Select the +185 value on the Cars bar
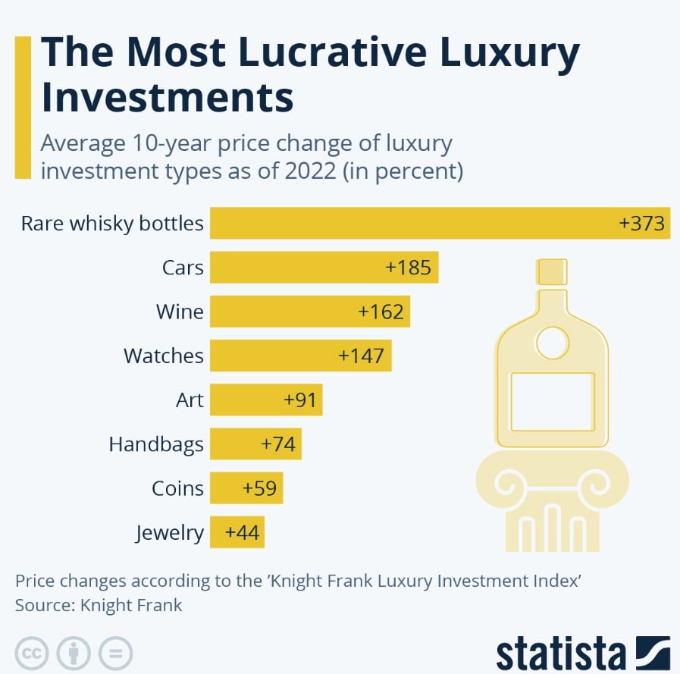[x=408, y=268]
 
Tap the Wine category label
[x=180, y=312]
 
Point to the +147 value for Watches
[x=361, y=356]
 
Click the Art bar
[x=266, y=400]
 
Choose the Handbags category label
[x=156, y=444]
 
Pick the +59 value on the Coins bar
[x=258, y=488]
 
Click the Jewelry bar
[x=237, y=532]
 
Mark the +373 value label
[x=641, y=224]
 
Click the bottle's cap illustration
[x=552, y=271]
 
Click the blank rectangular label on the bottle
[x=552, y=402]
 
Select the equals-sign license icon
[x=115, y=651]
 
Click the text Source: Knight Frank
[x=99, y=605]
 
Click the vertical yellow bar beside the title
[x=23, y=106]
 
